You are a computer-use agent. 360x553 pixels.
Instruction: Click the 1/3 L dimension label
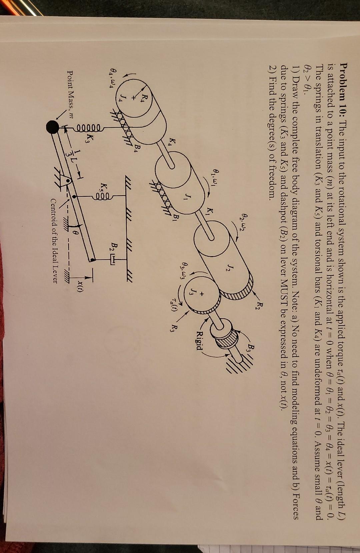(69, 150)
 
